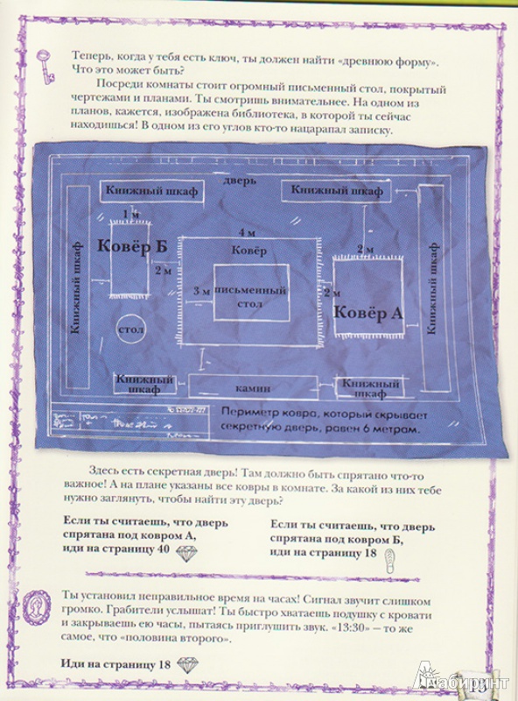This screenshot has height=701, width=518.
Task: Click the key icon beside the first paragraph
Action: tap(46, 67)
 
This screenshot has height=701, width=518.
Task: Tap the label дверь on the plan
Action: tap(240, 181)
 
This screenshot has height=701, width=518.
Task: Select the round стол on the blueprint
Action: tap(130, 329)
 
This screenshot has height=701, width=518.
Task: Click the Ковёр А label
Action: tap(367, 313)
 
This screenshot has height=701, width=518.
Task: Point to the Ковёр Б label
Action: tap(132, 246)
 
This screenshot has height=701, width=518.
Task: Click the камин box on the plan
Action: tap(253, 386)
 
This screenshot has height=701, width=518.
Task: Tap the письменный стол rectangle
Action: tap(251, 293)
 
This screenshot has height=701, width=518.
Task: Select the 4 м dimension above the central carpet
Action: tap(247, 232)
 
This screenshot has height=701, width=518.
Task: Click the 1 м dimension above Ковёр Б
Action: tap(131, 215)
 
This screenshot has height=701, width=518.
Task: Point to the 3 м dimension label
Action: tap(201, 291)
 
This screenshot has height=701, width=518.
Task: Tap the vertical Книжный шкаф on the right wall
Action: tap(431, 288)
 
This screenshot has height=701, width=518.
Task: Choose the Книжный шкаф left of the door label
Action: tap(151, 191)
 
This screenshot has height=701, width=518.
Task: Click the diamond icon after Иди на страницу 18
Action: tap(187, 664)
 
